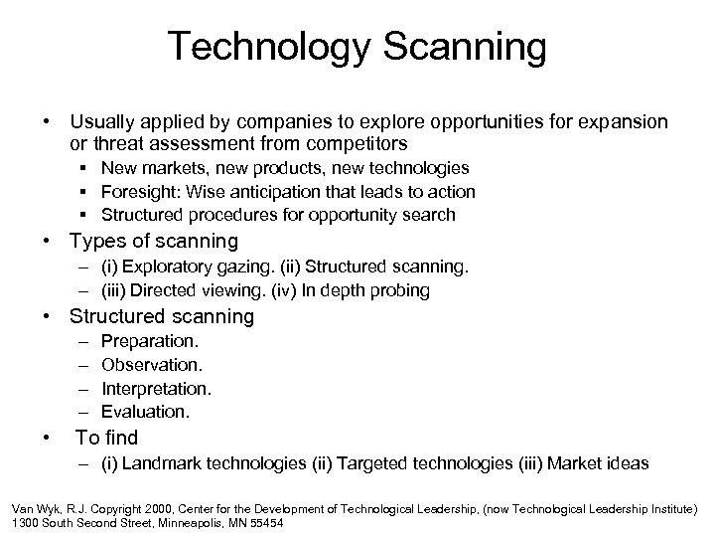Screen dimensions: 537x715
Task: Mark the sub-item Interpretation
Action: pyautogui.click(x=157, y=388)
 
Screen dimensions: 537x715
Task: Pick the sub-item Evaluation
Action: pyautogui.click(x=145, y=411)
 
